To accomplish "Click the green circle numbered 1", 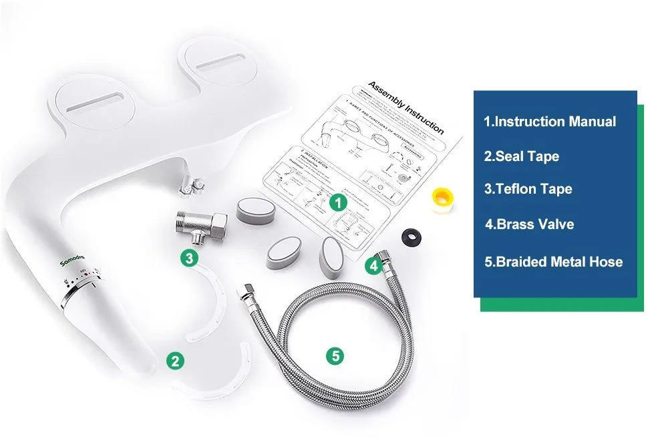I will tap(339, 201).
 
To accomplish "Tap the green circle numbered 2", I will tap(175, 361).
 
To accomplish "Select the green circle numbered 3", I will tap(190, 257).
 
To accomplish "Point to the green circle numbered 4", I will tap(374, 266).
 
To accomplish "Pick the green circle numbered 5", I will tap(336, 355).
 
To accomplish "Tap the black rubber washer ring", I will tap(410, 236).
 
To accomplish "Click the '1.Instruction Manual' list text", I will tap(550, 122).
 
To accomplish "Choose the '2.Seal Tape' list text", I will tap(522, 156).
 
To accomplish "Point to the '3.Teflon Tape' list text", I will tap(528, 189).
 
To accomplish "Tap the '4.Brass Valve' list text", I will tap(529, 224).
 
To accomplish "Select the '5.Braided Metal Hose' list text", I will tap(553, 262).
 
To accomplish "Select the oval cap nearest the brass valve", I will tap(255, 210).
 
